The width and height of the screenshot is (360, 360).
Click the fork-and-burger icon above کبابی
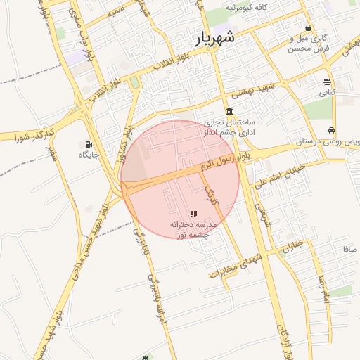(x=328, y=82)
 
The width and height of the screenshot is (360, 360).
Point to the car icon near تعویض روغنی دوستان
(x=330, y=130)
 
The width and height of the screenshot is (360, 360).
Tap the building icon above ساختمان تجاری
(x=229, y=111)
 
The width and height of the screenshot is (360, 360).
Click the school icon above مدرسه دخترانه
(x=193, y=214)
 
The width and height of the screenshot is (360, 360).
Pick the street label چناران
(x=293, y=245)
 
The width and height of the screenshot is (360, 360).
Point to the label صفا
(x=350, y=250)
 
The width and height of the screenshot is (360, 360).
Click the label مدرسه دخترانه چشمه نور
(x=193, y=229)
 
